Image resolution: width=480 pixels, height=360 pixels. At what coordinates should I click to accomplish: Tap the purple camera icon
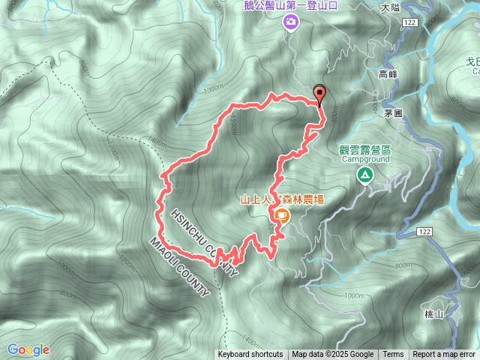[290, 23]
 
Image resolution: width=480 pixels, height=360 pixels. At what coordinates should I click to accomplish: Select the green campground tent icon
[364, 175]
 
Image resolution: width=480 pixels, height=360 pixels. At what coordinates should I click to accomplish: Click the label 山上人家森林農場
[282, 199]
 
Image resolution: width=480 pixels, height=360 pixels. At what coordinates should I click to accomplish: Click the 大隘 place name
[390, 7]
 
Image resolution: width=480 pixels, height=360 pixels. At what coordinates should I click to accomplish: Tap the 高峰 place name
[387, 74]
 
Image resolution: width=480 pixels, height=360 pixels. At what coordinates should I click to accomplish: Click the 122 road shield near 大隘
[409, 23]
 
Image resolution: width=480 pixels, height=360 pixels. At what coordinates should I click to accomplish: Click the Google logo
[28, 349]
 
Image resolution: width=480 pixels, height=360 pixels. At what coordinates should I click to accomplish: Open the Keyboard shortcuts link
[250, 355]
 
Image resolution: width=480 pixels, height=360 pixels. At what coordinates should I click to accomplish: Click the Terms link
[393, 355]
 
